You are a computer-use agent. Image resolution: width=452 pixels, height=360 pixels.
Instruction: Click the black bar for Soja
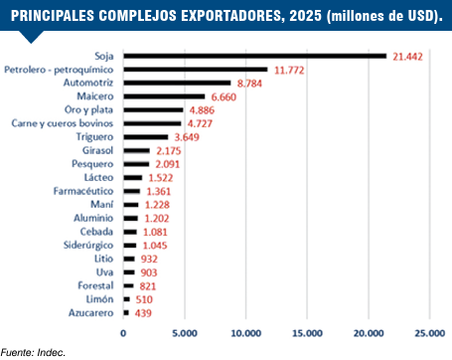tap(255, 56)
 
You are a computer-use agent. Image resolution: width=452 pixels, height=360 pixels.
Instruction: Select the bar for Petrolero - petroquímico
tap(196, 70)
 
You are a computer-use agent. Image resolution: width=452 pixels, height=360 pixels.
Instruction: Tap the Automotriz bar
tap(177, 83)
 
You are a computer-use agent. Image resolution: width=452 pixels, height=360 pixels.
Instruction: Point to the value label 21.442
tap(407, 57)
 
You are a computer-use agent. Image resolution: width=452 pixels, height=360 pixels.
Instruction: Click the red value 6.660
tap(224, 97)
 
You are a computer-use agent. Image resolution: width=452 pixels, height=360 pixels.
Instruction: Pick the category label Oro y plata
tap(88, 110)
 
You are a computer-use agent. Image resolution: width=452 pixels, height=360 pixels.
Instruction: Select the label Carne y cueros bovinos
tap(63, 123)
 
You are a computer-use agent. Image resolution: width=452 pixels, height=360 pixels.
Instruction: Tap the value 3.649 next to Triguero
tap(187, 137)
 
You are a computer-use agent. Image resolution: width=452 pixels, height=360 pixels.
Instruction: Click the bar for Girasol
tap(137, 151)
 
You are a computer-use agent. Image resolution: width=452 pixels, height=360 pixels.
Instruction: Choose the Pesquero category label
tap(92, 164)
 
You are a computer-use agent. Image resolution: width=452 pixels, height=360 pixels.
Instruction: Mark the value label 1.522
tap(161, 178)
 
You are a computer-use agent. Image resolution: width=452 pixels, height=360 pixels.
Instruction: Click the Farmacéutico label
tap(83, 191)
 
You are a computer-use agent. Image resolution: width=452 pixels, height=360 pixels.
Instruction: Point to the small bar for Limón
tap(127, 299)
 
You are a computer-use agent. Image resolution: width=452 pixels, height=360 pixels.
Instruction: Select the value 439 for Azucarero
tap(143, 313)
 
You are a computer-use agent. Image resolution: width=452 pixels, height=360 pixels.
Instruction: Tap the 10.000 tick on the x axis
tap(246, 333)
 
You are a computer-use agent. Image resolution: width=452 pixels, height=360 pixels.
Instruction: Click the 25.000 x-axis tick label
tap(430, 333)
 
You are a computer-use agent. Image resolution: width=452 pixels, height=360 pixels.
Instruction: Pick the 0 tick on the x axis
tap(123, 333)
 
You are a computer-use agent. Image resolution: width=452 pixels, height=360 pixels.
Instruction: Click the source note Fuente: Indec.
tap(33, 352)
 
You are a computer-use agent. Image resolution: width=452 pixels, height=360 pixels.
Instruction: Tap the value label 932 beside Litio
tap(149, 260)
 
